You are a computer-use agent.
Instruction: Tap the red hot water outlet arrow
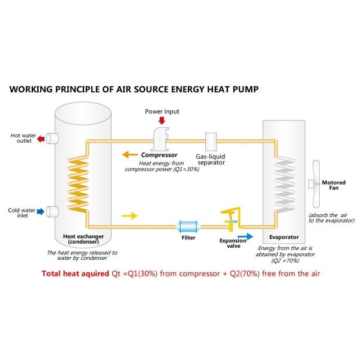point(41,139)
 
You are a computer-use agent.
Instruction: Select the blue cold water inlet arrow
point(41,211)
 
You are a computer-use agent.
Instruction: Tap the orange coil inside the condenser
point(76,184)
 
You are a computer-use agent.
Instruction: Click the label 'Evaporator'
point(283,237)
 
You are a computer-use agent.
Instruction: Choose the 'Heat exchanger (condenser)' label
point(82,239)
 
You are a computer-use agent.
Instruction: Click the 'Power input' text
point(162,112)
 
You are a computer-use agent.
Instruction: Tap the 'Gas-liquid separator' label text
point(213,158)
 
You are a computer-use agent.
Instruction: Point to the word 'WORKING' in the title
point(35,89)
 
